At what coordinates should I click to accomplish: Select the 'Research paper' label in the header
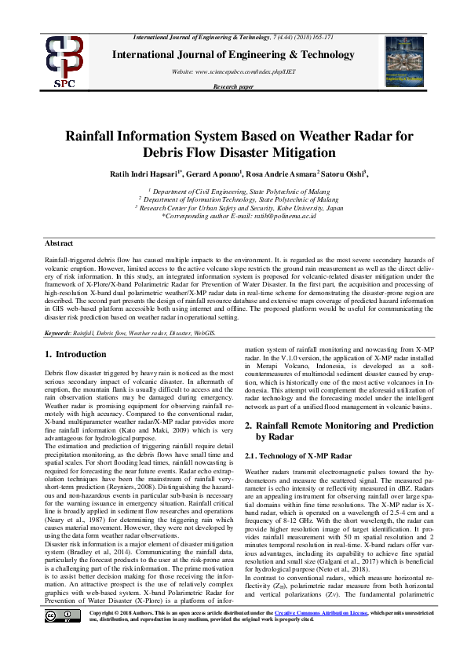click(x=233, y=87)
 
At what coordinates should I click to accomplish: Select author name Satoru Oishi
click(x=346, y=173)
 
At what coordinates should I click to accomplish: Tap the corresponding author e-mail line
click(x=239, y=217)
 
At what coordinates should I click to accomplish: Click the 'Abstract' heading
click(x=59, y=244)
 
